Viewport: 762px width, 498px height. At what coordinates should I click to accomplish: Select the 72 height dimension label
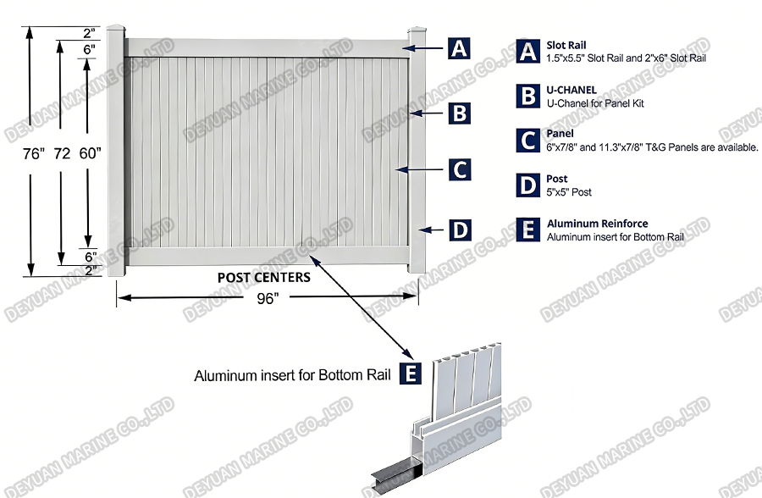(62, 154)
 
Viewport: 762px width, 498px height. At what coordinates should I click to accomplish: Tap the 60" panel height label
(89, 153)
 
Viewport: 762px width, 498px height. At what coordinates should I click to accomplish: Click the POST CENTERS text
(263, 277)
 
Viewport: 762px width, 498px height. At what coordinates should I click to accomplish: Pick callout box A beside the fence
(459, 48)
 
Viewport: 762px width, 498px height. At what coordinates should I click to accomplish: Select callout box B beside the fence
(459, 113)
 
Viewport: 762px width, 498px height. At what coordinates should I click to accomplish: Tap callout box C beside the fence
(459, 169)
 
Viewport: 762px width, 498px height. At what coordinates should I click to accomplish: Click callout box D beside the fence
(459, 230)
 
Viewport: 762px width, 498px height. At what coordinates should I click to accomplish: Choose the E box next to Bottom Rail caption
(410, 373)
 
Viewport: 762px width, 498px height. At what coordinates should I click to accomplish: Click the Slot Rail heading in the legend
(566, 45)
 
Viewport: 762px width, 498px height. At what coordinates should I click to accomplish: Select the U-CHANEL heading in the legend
(571, 89)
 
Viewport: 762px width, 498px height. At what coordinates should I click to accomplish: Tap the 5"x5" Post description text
(569, 192)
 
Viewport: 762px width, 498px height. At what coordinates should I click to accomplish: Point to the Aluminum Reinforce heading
(598, 224)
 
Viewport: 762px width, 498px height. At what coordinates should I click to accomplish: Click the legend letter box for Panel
(528, 140)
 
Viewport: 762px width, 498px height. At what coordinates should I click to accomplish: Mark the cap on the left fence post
(116, 32)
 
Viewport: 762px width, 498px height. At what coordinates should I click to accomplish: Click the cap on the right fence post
(417, 32)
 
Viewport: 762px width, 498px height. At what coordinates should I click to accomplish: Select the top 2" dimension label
(89, 33)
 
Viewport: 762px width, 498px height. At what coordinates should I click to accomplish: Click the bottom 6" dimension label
(89, 256)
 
